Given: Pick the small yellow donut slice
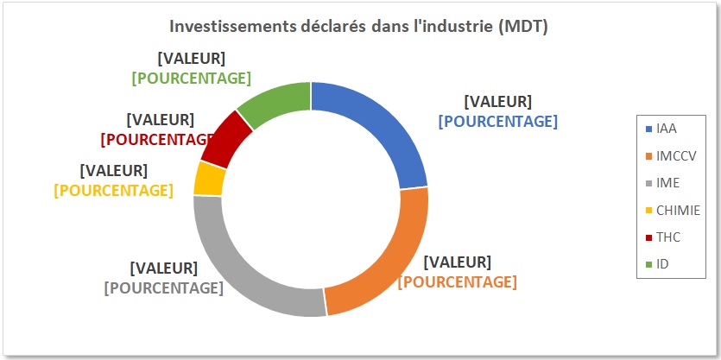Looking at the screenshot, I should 210,178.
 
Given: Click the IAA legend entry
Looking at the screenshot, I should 666,129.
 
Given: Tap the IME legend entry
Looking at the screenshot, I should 667,182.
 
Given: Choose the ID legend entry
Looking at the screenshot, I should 662,263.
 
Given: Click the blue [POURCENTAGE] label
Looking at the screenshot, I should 497,122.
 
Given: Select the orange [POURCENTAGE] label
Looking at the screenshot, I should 457,281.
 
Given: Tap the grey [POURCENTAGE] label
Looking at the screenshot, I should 163,287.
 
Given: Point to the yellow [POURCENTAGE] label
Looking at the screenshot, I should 113,190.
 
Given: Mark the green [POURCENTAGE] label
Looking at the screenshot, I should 191,78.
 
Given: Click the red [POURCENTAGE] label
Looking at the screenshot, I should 156,138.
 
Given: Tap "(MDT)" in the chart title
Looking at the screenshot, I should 522,27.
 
